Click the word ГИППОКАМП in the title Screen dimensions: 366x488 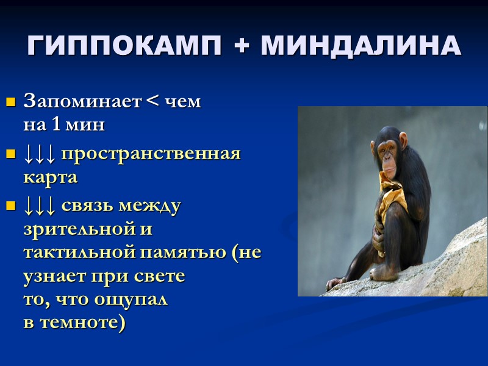pos(115,46)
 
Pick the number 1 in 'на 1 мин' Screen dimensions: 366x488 pos(56,126)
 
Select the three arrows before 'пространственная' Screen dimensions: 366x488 pos(40,154)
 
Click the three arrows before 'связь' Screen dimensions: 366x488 pos(40,206)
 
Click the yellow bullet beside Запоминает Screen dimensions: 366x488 pos(10,102)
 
